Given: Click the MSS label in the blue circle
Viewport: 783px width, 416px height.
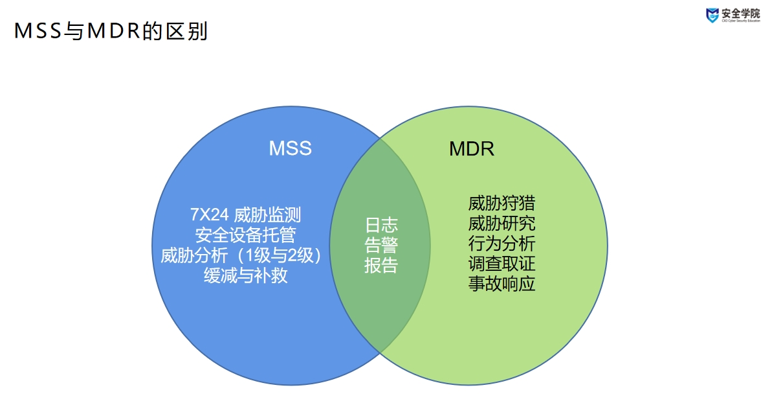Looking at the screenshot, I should pos(290,148).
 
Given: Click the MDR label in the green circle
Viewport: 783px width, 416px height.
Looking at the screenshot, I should pos(471,149).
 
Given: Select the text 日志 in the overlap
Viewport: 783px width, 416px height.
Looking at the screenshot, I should pos(381,225).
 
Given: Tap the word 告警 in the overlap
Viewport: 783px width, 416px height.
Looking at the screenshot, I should pos(381,246).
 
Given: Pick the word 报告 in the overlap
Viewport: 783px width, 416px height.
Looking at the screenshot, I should pos(381,266).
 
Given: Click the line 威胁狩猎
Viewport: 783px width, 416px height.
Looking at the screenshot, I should pos(502,203).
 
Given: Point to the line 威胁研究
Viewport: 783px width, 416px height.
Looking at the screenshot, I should pos(502,224).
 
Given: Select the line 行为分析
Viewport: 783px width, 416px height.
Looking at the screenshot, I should pos(502,244).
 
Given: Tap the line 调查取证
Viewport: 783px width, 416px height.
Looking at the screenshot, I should pos(502,264).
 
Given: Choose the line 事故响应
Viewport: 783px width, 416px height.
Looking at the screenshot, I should pos(502,284).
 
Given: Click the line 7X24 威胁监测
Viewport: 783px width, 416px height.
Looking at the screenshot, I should pos(245,215).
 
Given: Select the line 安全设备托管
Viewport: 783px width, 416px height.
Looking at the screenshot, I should pos(245,235).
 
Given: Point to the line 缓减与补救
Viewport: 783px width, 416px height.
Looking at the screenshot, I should pos(245,276).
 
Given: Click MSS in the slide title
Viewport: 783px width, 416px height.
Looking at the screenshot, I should pos(38,31).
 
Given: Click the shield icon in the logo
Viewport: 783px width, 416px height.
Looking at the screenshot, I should pos(712,15).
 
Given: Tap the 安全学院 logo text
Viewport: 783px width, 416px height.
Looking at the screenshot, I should pos(742,13).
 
